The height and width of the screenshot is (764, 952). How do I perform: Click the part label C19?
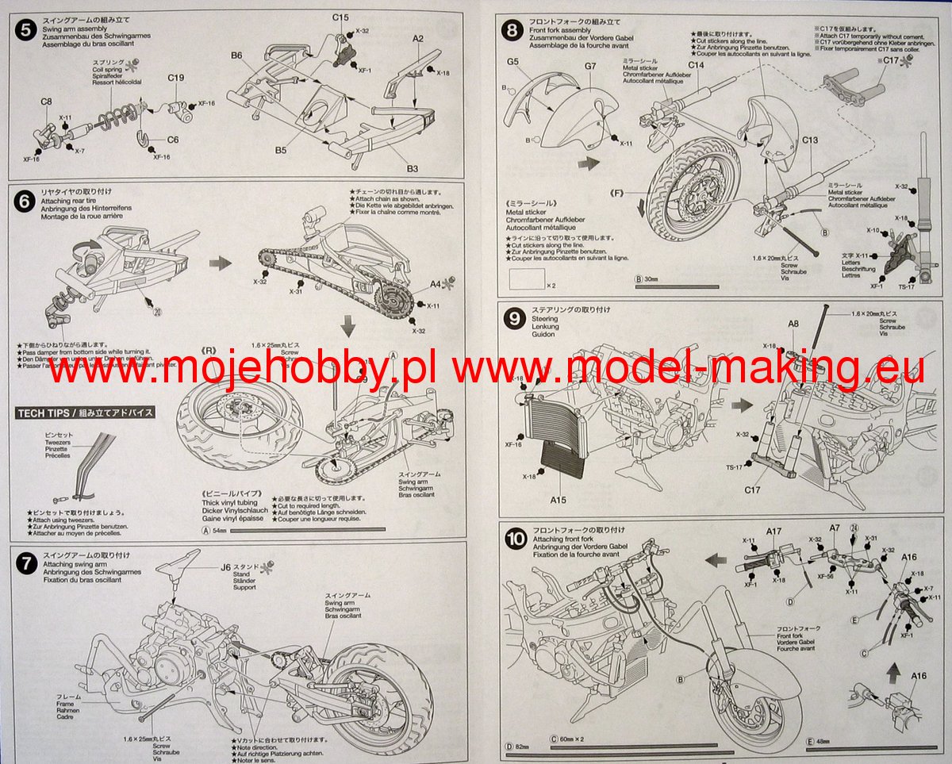click(176, 78)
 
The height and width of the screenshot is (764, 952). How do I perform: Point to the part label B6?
click(236, 55)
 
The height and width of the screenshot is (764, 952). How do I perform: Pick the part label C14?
click(696, 65)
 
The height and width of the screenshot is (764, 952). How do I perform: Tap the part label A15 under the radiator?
click(559, 500)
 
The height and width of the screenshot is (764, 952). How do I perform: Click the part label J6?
click(226, 567)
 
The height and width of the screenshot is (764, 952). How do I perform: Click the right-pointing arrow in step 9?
click(741, 405)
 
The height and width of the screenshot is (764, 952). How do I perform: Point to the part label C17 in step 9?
click(752, 489)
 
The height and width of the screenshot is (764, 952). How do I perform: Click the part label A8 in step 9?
click(793, 324)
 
